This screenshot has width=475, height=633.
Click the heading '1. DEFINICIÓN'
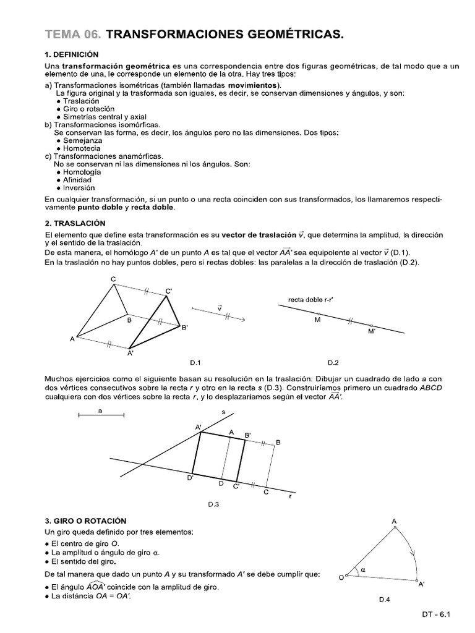pos(76,54)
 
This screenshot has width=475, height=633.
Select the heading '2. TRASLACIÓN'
pos(75,223)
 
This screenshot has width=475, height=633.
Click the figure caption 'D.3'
pos(213,504)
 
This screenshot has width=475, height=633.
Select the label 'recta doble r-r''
pos(310,300)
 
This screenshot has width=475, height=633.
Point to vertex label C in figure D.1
pos(113,280)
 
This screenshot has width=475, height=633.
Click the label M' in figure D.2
pos(372,331)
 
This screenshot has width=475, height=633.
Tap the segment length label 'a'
pos(100,410)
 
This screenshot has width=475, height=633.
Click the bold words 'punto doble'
pos(101,208)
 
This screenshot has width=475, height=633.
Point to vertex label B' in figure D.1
pos(184,328)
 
